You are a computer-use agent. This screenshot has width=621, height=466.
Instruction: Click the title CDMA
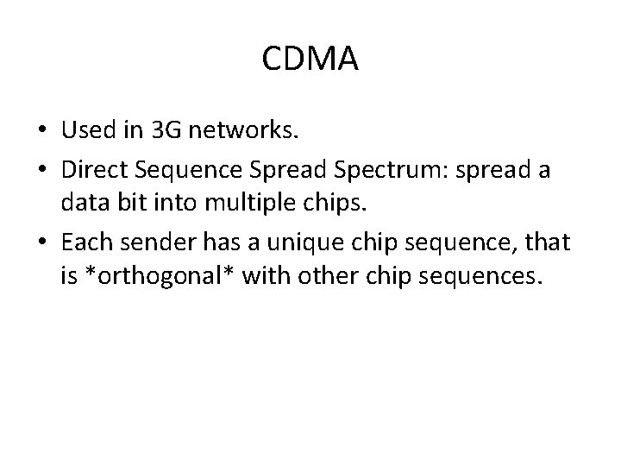click(310, 61)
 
